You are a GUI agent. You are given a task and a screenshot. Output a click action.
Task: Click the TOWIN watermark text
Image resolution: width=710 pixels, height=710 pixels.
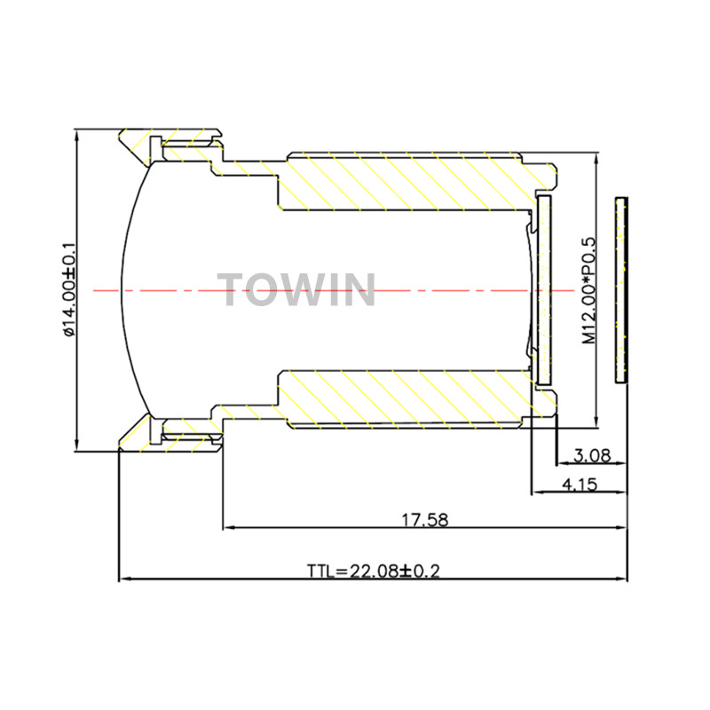point(296,290)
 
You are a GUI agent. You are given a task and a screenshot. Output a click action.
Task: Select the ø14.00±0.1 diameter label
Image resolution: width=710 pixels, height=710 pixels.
point(69,290)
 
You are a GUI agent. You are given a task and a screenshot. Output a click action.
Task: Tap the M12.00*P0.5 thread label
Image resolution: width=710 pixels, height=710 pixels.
point(589,290)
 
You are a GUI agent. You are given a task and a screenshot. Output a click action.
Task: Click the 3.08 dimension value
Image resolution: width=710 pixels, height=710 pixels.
point(592,455)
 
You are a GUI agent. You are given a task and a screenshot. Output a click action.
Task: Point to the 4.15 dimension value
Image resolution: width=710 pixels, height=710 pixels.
point(580,485)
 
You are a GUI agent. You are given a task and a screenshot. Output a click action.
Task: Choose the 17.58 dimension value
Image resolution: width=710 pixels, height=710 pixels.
point(425,519)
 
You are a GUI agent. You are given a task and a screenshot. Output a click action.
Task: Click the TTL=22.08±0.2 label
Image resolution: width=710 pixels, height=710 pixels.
point(374,571)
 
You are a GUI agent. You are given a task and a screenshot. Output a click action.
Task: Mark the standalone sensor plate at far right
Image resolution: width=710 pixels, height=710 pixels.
point(622,290)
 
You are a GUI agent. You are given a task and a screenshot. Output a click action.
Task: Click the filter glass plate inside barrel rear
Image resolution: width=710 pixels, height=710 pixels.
point(544,290)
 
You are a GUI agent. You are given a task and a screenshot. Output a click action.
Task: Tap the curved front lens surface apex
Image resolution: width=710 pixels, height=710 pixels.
point(122,290)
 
